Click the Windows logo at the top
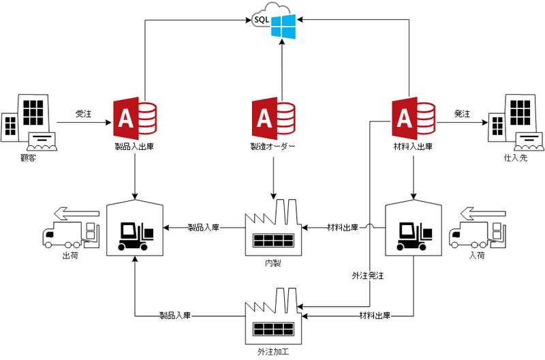282,28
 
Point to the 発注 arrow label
463,115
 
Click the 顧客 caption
28,158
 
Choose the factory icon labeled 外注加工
273,316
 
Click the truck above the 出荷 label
68,232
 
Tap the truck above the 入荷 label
477,232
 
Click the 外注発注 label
368,276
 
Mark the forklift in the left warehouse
136,236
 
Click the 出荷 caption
69,256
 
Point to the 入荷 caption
477,256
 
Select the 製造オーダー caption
272,146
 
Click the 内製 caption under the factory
272,263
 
